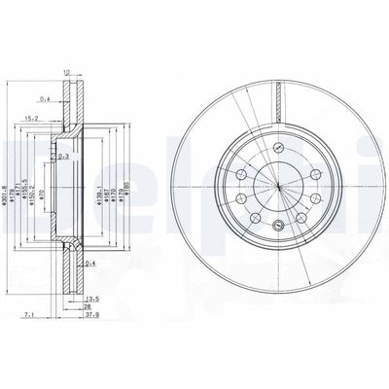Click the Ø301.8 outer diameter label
click(x=10, y=194)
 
